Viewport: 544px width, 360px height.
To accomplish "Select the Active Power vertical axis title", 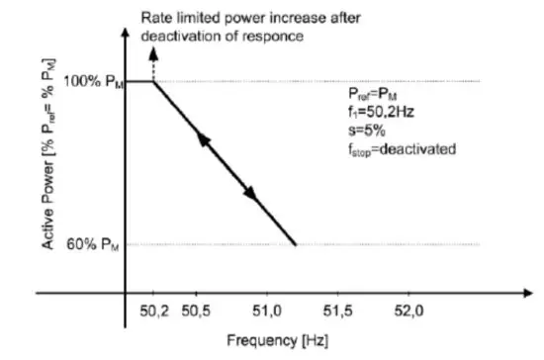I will tap(46, 163).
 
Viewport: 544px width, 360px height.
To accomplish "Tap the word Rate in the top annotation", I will tap(156, 19).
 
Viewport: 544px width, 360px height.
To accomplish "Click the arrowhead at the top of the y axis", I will tap(125, 32).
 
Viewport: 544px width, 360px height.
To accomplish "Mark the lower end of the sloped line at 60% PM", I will tap(296, 243).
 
